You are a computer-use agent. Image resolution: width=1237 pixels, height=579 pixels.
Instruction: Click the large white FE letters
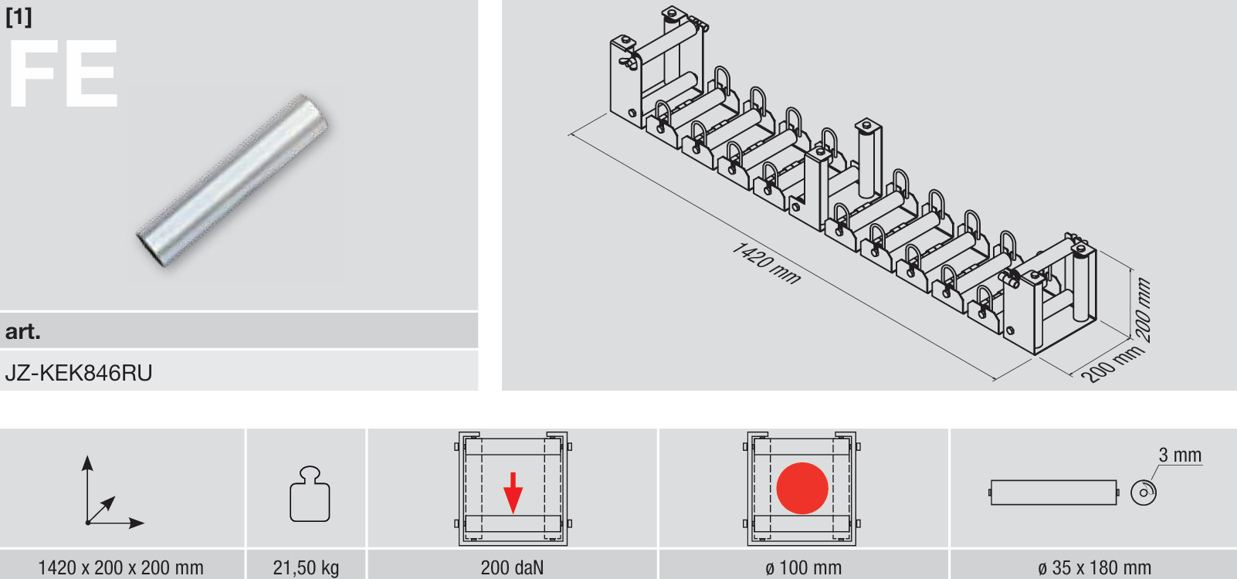point(63,74)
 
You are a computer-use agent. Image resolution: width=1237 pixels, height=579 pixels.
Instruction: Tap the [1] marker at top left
point(19,17)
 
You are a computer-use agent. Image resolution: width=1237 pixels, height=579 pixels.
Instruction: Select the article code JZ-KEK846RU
point(79,373)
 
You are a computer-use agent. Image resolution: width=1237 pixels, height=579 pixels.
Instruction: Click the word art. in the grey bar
point(22,331)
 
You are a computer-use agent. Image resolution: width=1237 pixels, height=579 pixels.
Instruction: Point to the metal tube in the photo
point(232,181)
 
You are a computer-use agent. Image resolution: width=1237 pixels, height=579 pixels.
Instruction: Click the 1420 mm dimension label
point(766,263)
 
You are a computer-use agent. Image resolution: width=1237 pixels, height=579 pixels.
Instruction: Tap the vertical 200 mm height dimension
point(1143,310)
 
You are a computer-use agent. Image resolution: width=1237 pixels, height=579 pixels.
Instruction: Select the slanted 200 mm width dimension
point(1112,364)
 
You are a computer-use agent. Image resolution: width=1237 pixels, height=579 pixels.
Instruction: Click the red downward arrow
point(513,493)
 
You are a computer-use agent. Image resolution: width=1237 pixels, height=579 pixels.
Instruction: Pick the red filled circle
point(802,489)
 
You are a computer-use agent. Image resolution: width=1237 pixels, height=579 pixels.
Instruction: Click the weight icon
point(310,494)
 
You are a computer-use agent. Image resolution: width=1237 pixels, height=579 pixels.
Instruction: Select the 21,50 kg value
point(306,567)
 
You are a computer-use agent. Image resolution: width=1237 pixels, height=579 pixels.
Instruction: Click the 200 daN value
point(512,567)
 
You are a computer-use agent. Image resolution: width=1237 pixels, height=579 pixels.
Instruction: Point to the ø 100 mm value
point(804,567)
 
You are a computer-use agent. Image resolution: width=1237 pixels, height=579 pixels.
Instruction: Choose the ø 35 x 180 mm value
point(1094,567)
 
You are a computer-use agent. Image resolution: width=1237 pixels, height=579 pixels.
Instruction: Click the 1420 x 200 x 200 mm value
point(120,567)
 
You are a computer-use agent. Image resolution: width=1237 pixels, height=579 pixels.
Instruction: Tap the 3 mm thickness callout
point(1180,455)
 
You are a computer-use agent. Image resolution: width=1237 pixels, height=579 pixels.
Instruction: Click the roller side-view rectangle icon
point(1054,493)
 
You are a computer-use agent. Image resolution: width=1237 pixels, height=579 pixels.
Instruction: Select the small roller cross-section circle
point(1143,493)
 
